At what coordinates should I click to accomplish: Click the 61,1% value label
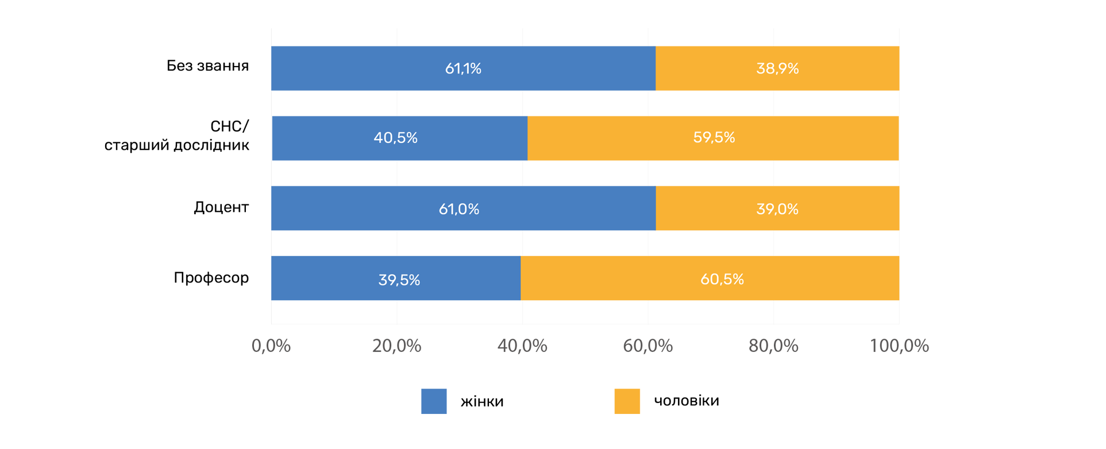tap(463, 69)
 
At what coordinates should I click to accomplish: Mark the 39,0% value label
tap(777, 209)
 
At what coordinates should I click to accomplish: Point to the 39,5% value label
tap(399, 280)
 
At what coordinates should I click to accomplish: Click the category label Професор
tap(211, 278)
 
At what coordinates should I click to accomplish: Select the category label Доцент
tap(221, 207)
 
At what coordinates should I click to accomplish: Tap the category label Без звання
tap(208, 66)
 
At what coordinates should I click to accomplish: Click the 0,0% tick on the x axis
tap(271, 346)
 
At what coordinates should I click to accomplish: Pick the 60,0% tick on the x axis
tap(648, 346)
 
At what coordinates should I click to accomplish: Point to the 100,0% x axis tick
tap(899, 346)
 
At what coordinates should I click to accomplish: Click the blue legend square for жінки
tap(434, 401)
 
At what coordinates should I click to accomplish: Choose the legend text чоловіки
tap(687, 401)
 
